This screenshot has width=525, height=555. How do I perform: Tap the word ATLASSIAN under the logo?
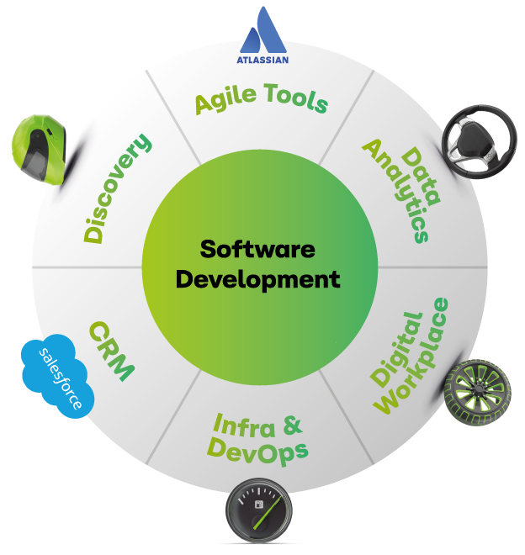pyautogui.click(x=262, y=60)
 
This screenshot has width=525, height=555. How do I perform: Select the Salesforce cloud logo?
pyautogui.click(x=58, y=376)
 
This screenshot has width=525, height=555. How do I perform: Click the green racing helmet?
pyautogui.click(x=39, y=149)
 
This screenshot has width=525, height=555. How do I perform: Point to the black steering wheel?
pyautogui.click(x=479, y=141)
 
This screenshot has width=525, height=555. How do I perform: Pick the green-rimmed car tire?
pyautogui.click(x=477, y=393)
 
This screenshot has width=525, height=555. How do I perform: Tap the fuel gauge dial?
pyautogui.click(x=259, y=510)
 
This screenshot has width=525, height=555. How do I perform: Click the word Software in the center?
pyautogui.click(x=257, y=249)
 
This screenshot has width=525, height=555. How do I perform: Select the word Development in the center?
pyautogui.click(x=258, y=279)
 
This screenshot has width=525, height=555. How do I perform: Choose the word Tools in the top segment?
pyautogui.click(x=296, y=98)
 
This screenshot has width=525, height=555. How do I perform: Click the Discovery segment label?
pyautogui.click(x=117, y=188)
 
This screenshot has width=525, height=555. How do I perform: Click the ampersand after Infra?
pyautogui.click(x=293, y=425)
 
